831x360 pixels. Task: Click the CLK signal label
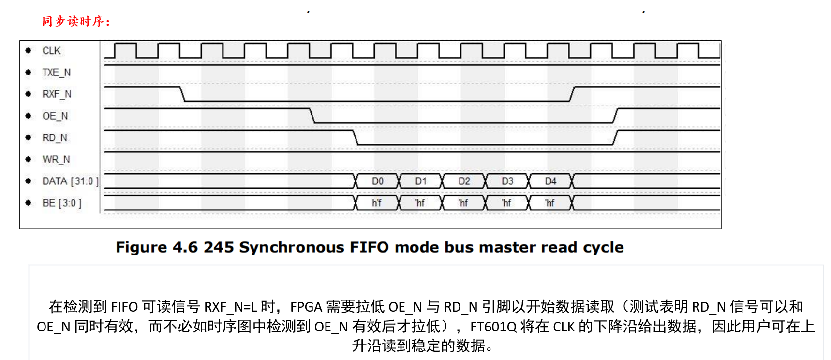click(x=51, y=51)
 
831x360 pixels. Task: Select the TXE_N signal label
click(x=56, y=73)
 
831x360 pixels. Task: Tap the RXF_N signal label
click(x=57, y=94)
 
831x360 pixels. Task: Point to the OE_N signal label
click(x=55, y=116)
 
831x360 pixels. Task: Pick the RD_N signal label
click(x=55, y=138)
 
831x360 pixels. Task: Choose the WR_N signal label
click(x=56, y=160)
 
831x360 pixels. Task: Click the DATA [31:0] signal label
click(x=70, y=181)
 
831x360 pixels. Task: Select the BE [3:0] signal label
click(x=62, y=203)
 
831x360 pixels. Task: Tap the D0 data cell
click(x=377, y=181)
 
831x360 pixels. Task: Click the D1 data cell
click(x=421, y=181)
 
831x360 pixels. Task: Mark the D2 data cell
click(x=464, y=181)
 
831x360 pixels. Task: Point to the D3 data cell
click(x=507, y=181)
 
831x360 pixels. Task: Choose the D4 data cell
click(x=550, y=181)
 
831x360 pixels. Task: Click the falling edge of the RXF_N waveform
click(x=183, y=94)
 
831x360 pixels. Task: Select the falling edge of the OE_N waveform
click(x=312, y=116)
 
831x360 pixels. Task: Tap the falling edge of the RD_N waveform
click(x=356, y=137)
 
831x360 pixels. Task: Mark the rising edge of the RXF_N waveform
click(x=572, y=94)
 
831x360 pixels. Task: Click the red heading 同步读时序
click(x=76, y=21)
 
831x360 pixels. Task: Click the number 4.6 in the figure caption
click(x=185, y=247)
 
